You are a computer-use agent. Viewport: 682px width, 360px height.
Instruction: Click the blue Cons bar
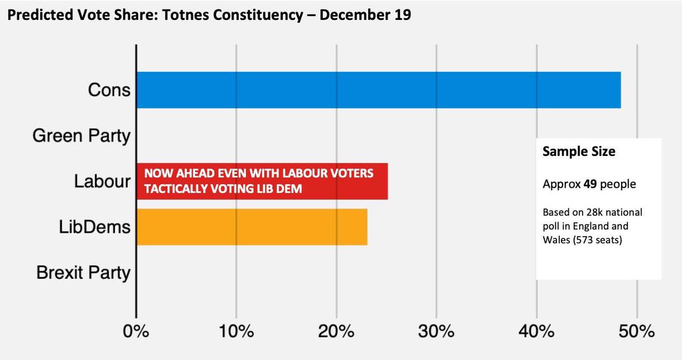378,90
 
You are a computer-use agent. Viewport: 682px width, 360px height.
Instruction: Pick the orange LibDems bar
251,227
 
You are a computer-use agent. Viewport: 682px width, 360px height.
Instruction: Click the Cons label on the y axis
109,90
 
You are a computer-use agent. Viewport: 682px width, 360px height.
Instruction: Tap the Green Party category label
81,136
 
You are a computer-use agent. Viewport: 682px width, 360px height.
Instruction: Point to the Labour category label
102,181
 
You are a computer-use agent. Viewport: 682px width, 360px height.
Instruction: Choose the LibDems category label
94,227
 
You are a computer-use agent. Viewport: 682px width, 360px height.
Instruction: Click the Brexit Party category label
83,273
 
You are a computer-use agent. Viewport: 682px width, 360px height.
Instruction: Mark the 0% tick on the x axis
136,331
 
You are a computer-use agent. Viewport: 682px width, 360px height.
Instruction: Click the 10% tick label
236,331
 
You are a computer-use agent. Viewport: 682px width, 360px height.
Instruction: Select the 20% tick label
336,331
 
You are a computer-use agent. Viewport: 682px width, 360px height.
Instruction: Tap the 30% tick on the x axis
436,331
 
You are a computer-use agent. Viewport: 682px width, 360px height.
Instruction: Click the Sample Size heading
579,152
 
